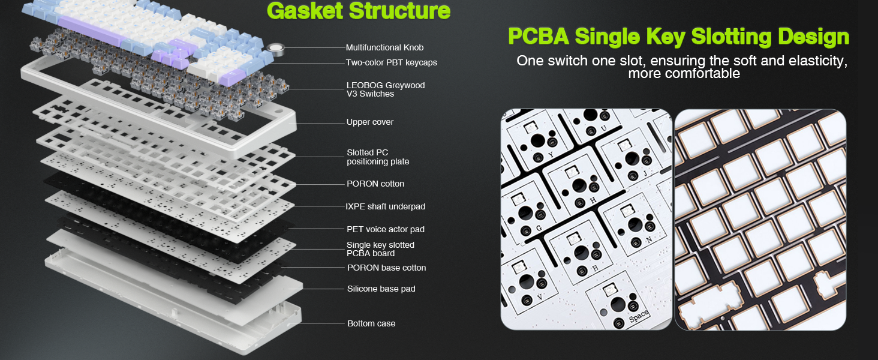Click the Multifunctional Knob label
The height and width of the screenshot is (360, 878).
384,47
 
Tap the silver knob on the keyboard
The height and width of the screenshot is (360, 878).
276,49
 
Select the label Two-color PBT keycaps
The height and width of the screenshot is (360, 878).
391,62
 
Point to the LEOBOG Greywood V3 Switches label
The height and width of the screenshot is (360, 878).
385,89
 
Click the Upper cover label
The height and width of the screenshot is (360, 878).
370,122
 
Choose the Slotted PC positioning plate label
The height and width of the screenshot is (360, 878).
378,157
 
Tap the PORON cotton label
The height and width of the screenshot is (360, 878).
375,184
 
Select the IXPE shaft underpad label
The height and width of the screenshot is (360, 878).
385,206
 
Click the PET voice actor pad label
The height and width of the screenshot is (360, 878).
385,229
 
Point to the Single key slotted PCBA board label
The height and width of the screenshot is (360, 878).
380,249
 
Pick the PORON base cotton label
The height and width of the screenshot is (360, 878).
386,268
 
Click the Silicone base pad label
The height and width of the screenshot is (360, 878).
381,289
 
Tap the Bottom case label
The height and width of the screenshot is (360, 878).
371,323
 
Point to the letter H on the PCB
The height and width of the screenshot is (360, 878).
594,200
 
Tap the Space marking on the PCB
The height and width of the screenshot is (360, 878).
638,315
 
